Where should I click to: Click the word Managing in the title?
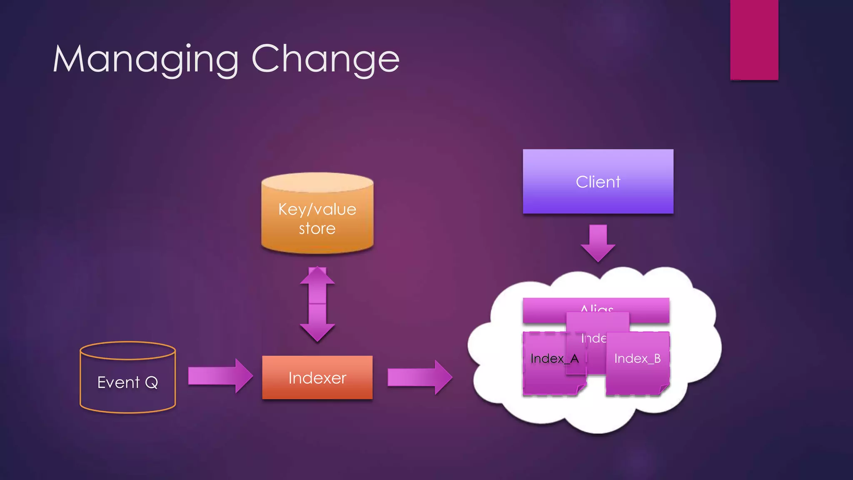tap(146, 60)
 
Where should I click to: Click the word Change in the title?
tap(325, 60)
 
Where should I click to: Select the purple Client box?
tap(598, 182)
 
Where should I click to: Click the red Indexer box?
tap(317, 377)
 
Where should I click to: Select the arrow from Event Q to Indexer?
tap(220, 375)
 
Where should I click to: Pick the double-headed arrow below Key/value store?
tap(317, 304)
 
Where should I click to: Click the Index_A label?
tap(554, 358)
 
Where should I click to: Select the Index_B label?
tap(637, 358)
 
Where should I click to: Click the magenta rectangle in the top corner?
tap(754, 40)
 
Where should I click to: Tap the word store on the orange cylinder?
tap(317, 228)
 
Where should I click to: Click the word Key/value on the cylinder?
tap(317, 209)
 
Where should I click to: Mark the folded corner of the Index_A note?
tap(581, 389)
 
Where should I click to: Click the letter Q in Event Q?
tap(151, 382)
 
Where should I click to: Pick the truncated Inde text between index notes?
tap(593, 338)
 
